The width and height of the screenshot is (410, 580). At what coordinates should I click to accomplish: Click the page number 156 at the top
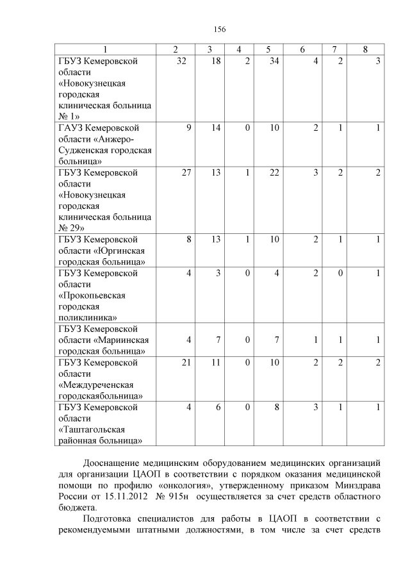click(220, 29)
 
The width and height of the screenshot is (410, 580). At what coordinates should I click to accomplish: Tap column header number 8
click(365, 49)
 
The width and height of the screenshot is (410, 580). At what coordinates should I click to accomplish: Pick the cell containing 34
click(274, 61)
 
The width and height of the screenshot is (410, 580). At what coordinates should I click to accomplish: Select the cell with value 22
click(274, 172)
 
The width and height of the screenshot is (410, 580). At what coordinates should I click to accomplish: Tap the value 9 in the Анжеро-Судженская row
click(188, 128)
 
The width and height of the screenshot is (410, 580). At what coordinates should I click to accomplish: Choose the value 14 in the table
click(216, 128)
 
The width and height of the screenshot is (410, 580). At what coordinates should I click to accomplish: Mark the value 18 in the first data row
click(216, 61)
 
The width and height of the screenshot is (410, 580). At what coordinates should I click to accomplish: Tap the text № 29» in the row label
click(71, 228)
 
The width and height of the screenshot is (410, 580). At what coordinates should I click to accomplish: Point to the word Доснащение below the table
click(111, 462)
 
